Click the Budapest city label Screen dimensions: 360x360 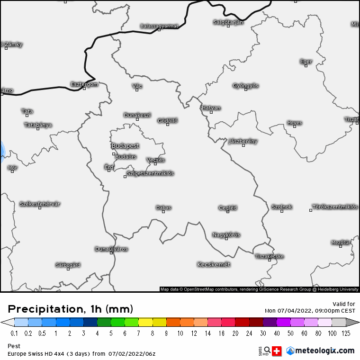(125, 146)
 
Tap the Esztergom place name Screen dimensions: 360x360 (84, 84)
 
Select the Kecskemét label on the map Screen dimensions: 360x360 (214, 264)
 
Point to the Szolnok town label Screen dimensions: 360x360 (282, 207)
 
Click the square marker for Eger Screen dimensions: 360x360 (306, 66)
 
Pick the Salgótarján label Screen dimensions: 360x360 (228, 22)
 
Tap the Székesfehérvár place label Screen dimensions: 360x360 (40, 204)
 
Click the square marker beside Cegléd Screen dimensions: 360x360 (228, 212)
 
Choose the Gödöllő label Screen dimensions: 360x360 (168, 121)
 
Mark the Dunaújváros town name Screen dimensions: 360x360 (111, 249)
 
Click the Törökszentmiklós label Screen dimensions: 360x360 (335, 207)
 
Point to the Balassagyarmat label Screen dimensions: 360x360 (159, 26)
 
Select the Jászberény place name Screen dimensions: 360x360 (243, 141)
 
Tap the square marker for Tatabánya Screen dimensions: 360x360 (38, 129)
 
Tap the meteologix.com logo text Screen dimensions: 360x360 (324, 351)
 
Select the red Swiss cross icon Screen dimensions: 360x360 (277, 351)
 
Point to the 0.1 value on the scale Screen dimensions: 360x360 (14, 333)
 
